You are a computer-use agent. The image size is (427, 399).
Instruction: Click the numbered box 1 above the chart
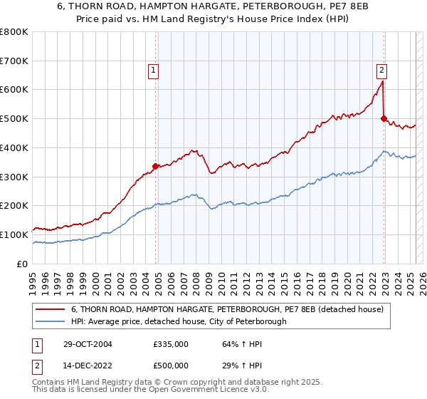click(154, 70)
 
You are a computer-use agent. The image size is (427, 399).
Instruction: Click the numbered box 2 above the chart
click(382, 70)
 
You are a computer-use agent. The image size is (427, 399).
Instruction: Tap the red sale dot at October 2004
click(155, 166)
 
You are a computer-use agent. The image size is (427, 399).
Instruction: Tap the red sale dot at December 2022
click(384, 118)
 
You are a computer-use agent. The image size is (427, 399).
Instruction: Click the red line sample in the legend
click(50, 309)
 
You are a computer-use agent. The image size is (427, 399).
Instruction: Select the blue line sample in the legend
click(50, 321)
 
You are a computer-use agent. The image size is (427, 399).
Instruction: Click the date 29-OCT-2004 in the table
click(87, 344)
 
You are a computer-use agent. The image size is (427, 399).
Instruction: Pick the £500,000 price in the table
click(170, 366)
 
